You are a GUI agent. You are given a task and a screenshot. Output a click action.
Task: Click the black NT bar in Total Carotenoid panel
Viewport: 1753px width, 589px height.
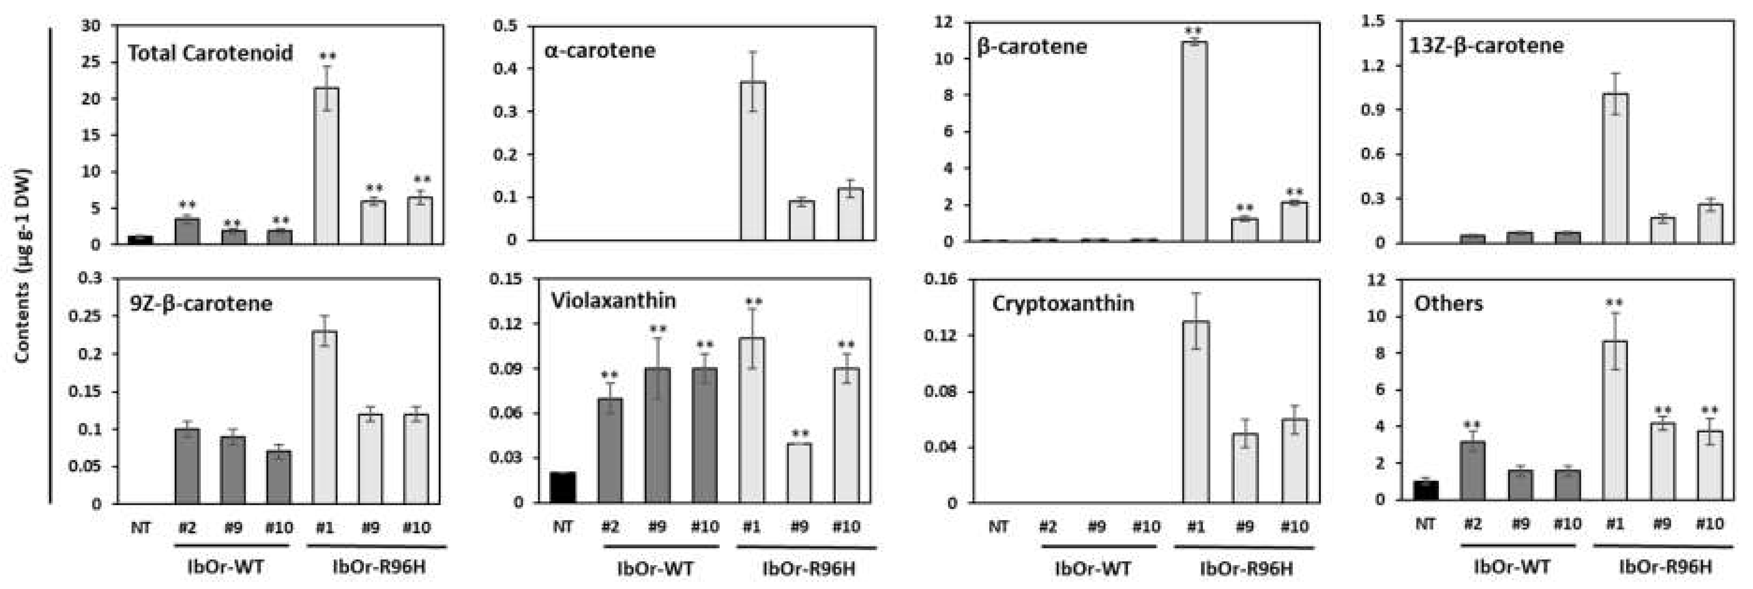(140, 240)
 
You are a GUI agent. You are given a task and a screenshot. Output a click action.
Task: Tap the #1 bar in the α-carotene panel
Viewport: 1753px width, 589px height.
(752, 161)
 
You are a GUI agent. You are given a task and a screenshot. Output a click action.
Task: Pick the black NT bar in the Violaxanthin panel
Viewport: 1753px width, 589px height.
(563, 487)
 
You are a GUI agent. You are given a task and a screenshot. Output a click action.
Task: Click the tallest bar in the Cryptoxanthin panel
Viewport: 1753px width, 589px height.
(1196, 411)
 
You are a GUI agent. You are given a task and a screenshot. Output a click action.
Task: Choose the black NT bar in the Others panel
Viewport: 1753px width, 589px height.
(1426, 490)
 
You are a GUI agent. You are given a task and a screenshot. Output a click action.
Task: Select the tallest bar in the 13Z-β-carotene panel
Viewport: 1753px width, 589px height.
(1615, 168)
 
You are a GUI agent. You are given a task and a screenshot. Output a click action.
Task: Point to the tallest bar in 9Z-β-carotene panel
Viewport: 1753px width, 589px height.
(324, 417)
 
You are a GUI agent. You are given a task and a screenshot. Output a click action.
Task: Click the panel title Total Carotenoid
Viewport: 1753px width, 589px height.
(210, 53)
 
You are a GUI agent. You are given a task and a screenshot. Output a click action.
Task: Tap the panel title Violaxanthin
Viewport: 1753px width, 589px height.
(613, 301)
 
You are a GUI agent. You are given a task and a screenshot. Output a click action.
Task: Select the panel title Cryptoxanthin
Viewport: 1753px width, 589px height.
(1063, 303)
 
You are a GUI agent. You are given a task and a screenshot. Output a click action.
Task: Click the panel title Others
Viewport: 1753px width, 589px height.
(1448, 303)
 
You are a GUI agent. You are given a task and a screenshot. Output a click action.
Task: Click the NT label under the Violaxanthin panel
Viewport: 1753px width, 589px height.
(563, 526)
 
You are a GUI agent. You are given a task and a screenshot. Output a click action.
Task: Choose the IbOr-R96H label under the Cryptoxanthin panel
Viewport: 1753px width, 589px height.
(1246, 568)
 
